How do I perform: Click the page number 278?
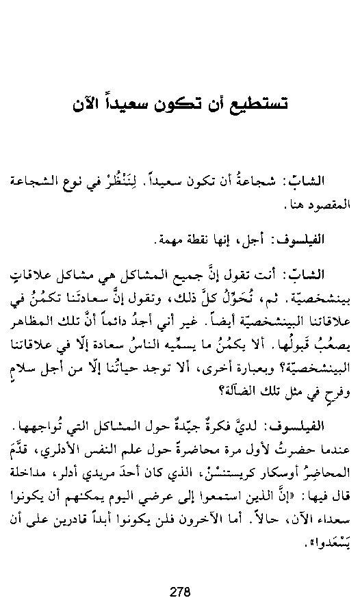pos(180,573)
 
